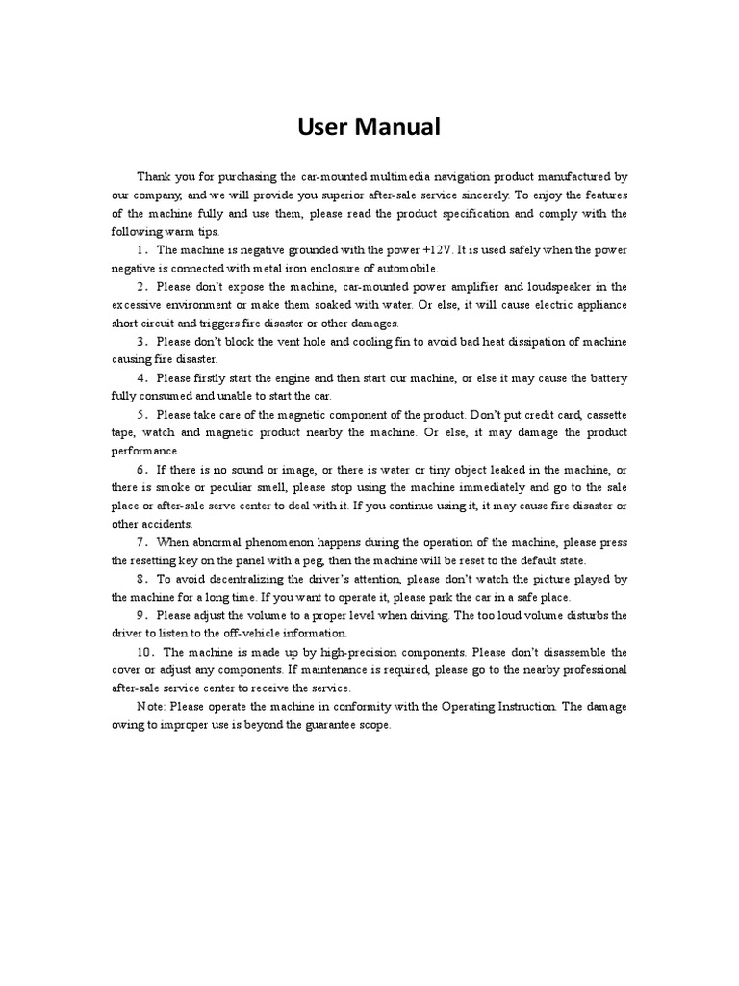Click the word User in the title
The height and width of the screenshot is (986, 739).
click(x=324, y=126)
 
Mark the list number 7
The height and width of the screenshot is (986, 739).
click(x=140, y=542)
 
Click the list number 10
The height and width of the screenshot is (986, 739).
click(x=144, y=651)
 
